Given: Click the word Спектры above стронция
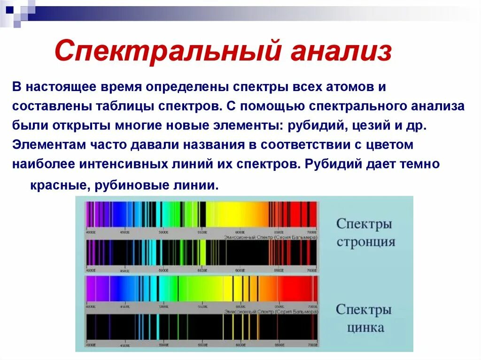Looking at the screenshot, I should (x=364, y=224).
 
